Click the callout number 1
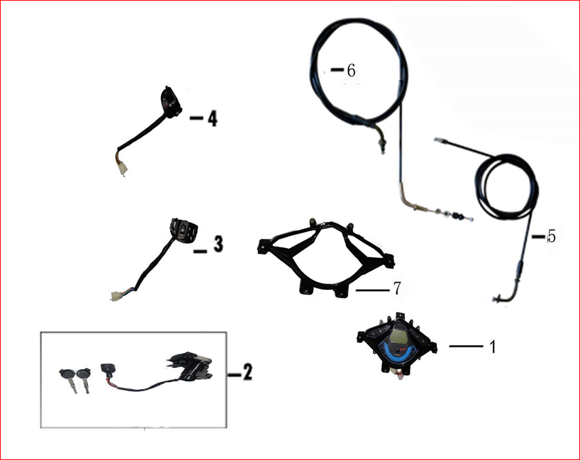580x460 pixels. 492,347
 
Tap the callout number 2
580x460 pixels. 247,371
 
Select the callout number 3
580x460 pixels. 218,244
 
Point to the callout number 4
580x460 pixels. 212,118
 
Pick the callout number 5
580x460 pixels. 552,236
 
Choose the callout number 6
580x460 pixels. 352,70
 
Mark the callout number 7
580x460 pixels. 396,288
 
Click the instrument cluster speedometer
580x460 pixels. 397,344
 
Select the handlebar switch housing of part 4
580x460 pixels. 171,101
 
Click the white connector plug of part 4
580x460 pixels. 122,171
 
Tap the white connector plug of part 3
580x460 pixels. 116,295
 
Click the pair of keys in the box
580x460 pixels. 75,378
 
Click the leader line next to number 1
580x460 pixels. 466,346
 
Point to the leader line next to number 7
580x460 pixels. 372,291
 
